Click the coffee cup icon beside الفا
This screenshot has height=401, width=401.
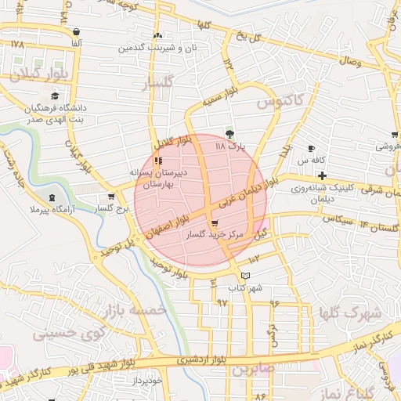76,32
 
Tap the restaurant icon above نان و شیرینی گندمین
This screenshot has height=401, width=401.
158,35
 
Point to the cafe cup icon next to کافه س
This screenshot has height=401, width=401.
311,148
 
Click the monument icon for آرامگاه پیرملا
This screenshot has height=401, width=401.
52,197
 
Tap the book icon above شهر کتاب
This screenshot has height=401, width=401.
246,276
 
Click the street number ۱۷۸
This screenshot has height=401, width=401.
18,45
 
